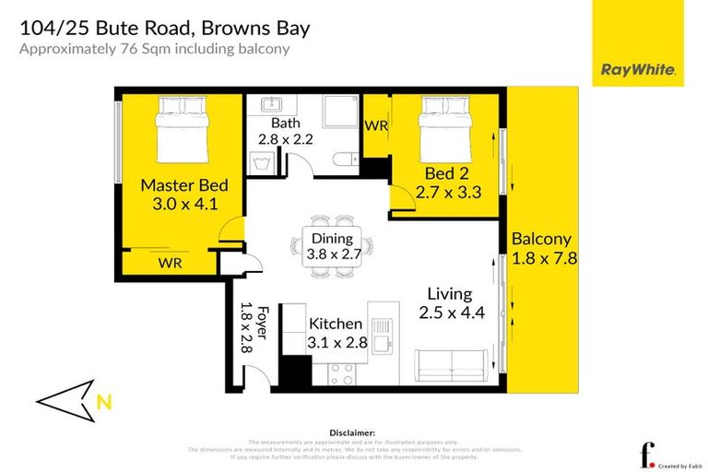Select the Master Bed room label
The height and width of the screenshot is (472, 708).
coord(183,185)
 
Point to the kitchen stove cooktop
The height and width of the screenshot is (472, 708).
coord(342,372)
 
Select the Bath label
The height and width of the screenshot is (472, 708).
coord(285,123)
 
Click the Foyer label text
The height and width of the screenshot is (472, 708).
coord(261,323)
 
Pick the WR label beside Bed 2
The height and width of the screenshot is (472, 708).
coord(376,125)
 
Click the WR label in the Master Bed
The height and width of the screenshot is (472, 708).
coord(169,263)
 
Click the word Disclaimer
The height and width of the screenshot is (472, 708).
coord(351,431)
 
